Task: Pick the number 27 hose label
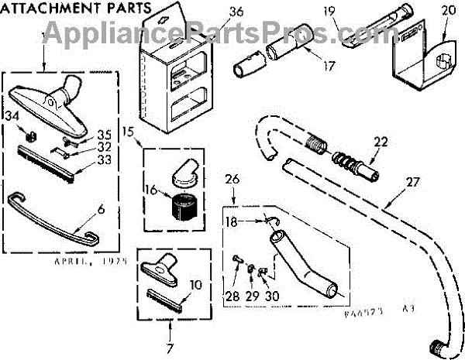pyautogui.click(x=411, y=183)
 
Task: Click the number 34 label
pyautogui.click(x=12, y=116)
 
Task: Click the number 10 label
pyautogui.click(x=196, y=284)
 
